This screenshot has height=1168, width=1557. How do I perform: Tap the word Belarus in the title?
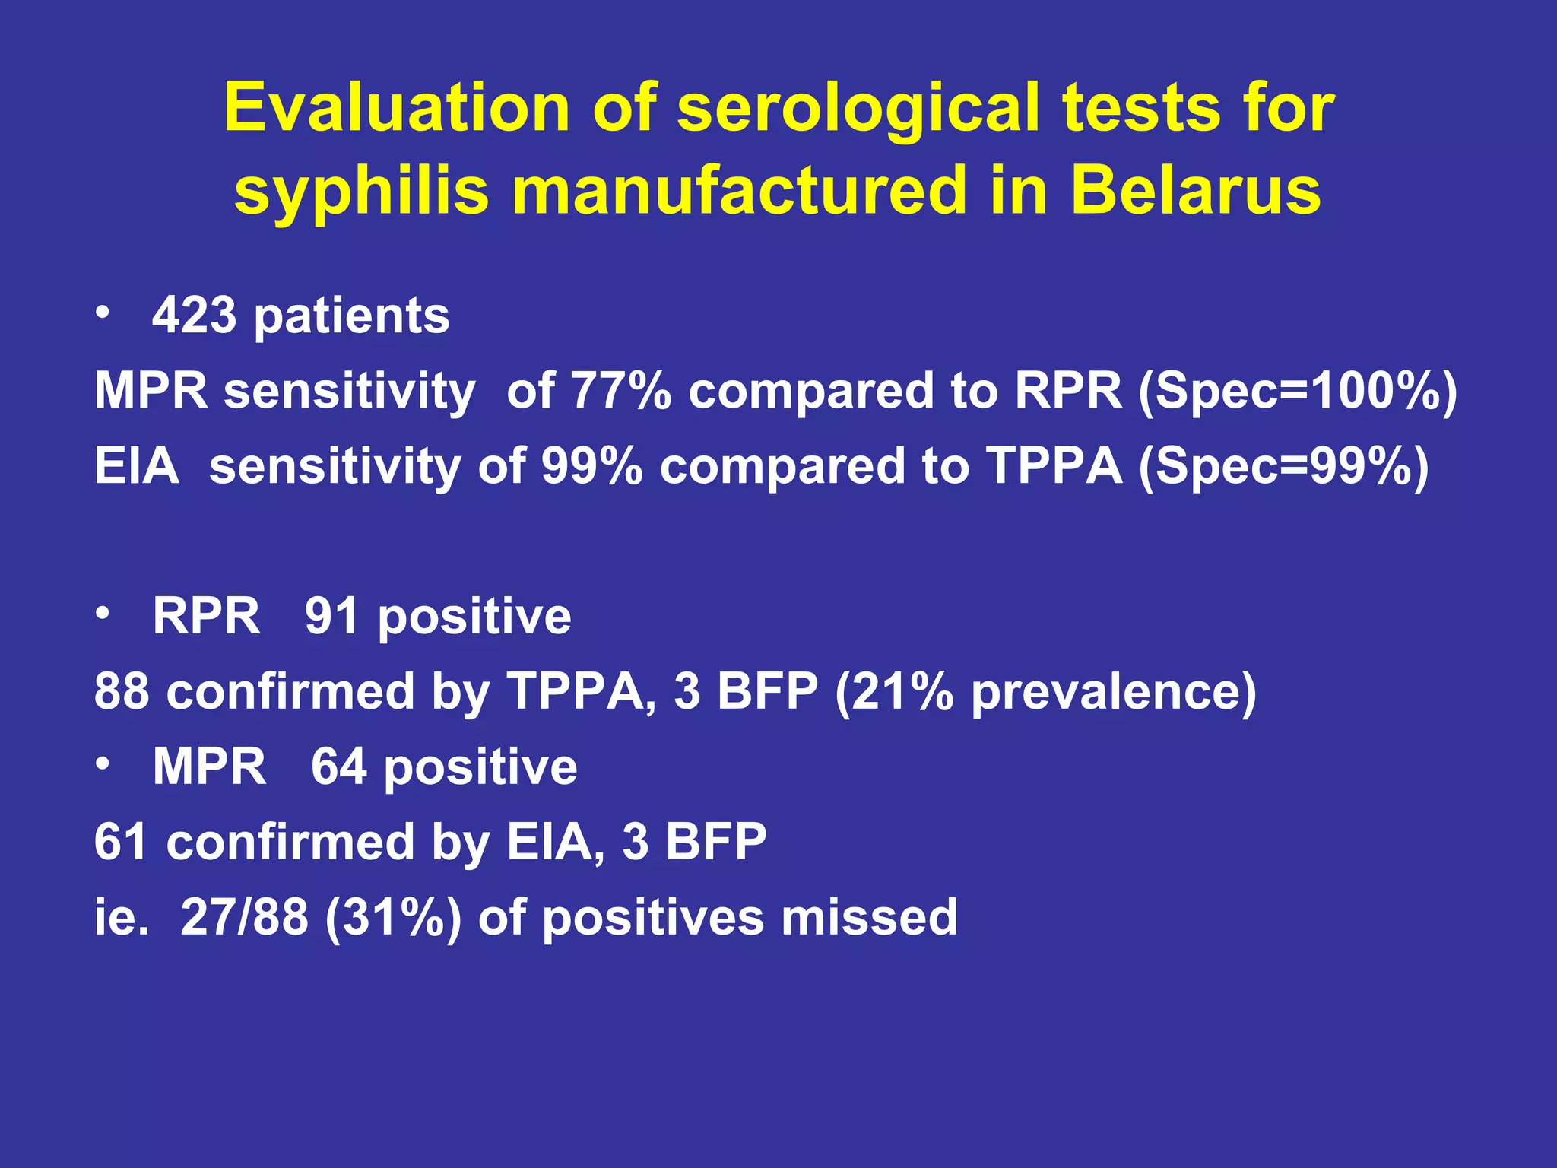tap(1195, 190)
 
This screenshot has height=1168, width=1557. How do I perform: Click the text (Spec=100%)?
tap(1298, 391)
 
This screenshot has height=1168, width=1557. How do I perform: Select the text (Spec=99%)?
tap(1283, 465)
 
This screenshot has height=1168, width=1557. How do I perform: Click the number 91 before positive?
tap(332, 616)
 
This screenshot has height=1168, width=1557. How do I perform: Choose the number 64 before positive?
tap(339, 766)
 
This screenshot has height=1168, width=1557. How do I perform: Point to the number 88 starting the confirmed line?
tap(122, 692)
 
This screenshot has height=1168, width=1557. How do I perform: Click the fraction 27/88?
tap(244, 917)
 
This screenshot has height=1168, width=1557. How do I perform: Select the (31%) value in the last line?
tap(393, 917)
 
